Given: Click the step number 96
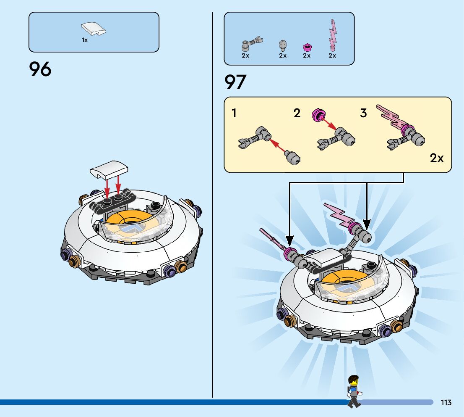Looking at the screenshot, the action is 40,69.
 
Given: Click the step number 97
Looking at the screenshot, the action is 235,82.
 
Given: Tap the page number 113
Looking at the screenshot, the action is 446,402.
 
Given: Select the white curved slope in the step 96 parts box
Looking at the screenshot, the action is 93,29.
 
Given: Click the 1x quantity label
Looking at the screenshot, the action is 85,40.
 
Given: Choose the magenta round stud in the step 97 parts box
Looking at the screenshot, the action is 307,46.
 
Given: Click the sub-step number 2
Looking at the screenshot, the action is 297,113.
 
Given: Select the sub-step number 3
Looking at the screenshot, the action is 363,113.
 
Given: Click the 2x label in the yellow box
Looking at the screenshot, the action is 437,158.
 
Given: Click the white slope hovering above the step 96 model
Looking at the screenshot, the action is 109,169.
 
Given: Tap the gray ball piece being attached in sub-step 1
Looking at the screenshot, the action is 292,157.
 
